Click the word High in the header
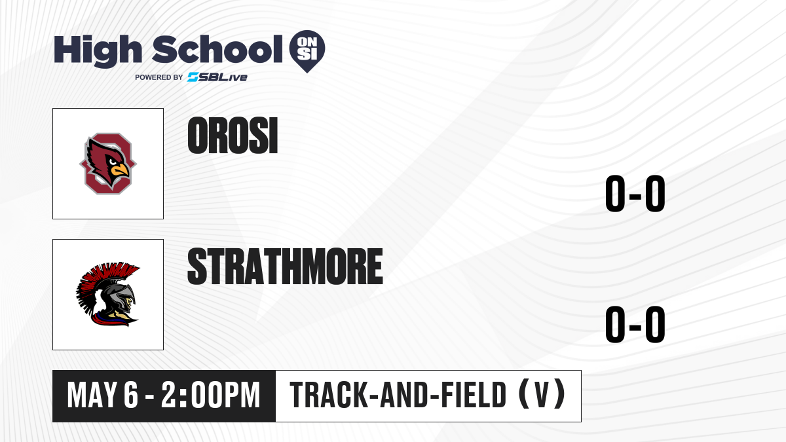98,50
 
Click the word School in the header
217,48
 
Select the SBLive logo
217,77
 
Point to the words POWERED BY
159,77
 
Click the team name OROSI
233,136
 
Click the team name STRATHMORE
285,266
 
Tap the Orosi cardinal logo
108,164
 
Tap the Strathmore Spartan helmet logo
107,294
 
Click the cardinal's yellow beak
120,170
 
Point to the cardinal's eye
112,162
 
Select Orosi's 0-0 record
635,194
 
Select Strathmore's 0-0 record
635,324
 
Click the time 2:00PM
210,396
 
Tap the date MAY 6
103,396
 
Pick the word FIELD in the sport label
474,396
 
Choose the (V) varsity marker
542,395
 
